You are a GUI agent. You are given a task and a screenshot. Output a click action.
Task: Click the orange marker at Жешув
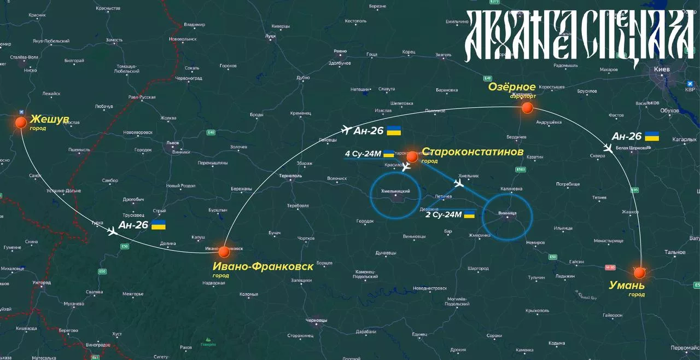pos(21,122)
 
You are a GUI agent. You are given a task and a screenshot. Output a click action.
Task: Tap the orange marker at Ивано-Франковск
pos(224,252)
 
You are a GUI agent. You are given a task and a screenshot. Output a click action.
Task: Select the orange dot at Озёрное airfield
pos(527,108)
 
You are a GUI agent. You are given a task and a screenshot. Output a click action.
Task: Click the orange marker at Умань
pos(639,272)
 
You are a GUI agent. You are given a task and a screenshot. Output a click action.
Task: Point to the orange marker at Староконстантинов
pos(412,157)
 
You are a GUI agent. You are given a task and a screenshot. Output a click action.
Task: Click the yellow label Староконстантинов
pos(472,152)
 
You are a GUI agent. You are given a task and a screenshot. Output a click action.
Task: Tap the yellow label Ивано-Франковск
pos(263,266)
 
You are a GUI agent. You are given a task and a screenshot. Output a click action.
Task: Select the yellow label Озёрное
pos(511,87)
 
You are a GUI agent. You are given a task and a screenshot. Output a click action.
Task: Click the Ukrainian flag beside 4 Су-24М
pos(388,154)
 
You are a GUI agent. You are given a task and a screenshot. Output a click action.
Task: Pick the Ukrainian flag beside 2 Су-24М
pos(469,214)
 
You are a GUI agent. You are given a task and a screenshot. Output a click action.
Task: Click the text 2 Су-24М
pos(444,214)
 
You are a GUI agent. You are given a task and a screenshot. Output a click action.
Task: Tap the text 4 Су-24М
pos(363,154)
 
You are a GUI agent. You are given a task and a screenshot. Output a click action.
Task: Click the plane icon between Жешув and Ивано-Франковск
pos(113,232)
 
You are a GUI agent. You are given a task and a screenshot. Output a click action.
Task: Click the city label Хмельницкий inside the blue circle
pos(395,190)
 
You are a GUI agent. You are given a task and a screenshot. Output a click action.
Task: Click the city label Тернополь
pos(290,176)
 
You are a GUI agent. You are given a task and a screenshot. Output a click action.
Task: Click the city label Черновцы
pos(316,320)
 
